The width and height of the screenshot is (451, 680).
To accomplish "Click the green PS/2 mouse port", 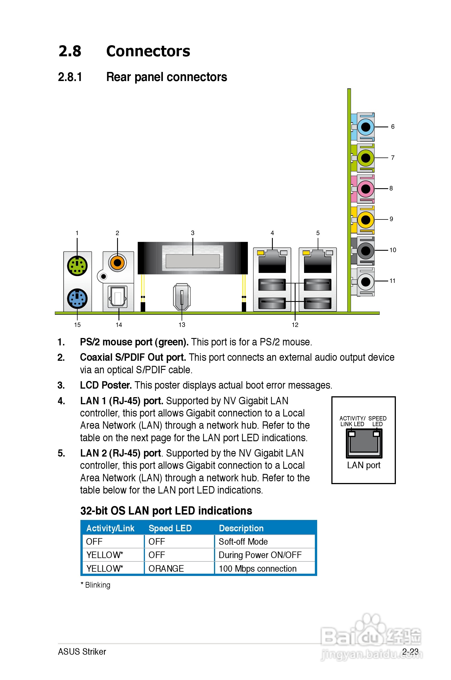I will click(x=77, y=266).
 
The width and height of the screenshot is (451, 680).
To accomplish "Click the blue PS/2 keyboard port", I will click(x=77, y=298).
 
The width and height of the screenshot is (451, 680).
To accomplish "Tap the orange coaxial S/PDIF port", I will click(x=117, y=262).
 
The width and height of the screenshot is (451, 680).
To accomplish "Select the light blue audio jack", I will click(x=365, y=127).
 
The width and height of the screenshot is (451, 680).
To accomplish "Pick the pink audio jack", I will click(x=365, y=189).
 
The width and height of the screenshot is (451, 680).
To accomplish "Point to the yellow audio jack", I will click(x=365, y=220).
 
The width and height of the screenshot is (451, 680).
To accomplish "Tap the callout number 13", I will click(x=182, y=325).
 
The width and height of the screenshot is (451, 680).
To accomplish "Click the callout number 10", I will click(x=393, y=250).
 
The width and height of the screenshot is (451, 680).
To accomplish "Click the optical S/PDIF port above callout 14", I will click(x=118, y=297).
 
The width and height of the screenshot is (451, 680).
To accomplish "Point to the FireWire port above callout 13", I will click(x=182, y=297).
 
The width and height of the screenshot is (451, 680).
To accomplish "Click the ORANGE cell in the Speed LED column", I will click(x=166, y=568).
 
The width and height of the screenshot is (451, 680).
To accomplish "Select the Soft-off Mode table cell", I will click(x=243, y=542).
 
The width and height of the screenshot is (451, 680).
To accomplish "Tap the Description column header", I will click(x=241, y=528).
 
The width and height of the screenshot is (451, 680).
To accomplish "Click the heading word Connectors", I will click(x=148, y=51).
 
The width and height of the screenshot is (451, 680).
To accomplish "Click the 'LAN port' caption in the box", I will click(x=363, y=465).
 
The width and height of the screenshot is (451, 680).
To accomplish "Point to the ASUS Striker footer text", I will click(x=82, y=652).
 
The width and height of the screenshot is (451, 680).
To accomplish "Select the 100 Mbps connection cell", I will click(x=257, y=568).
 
